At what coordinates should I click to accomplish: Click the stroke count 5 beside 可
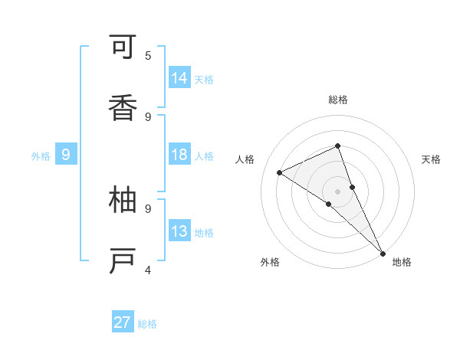[148, 55]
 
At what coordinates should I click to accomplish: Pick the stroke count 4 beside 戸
[148, 270]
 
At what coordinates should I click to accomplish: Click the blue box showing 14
[179, 77]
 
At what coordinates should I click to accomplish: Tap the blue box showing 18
[179, 155]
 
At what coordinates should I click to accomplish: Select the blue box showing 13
[179, 231]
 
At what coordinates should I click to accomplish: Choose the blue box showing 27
[123, 322]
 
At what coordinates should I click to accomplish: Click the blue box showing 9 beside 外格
[66, 155]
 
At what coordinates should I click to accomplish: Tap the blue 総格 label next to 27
[147, 324]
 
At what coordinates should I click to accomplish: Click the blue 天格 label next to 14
[204, 79]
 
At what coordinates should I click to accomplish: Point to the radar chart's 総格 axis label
[338, 100]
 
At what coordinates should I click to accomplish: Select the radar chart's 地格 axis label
[402, 262]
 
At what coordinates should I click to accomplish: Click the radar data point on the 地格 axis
[383, 252]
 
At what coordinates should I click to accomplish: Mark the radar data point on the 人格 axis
[280, 172]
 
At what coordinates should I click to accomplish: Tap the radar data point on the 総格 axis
[338, 146]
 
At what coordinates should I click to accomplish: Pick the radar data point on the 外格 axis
[328, 204]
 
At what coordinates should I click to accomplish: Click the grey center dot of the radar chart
[338, 191]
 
